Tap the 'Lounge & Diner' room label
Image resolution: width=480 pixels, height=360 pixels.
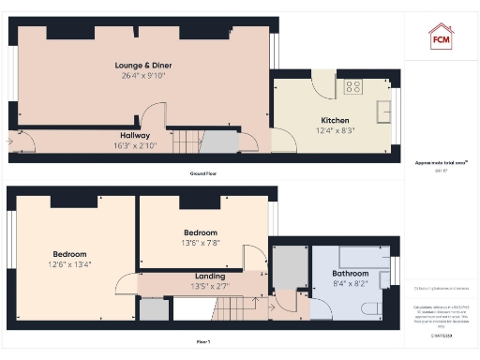point(142,65)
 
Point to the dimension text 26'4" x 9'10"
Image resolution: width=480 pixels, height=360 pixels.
point(142,75)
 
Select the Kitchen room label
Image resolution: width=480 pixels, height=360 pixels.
point(335,121)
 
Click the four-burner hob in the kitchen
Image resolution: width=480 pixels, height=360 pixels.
point(354,87)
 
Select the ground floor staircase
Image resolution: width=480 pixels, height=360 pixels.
point(187,142)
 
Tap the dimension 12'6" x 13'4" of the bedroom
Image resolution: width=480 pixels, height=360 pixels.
point(69,264)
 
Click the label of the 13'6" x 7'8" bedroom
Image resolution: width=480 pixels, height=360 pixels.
point(201,232)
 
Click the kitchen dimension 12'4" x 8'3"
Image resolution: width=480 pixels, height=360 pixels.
point(335,131)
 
